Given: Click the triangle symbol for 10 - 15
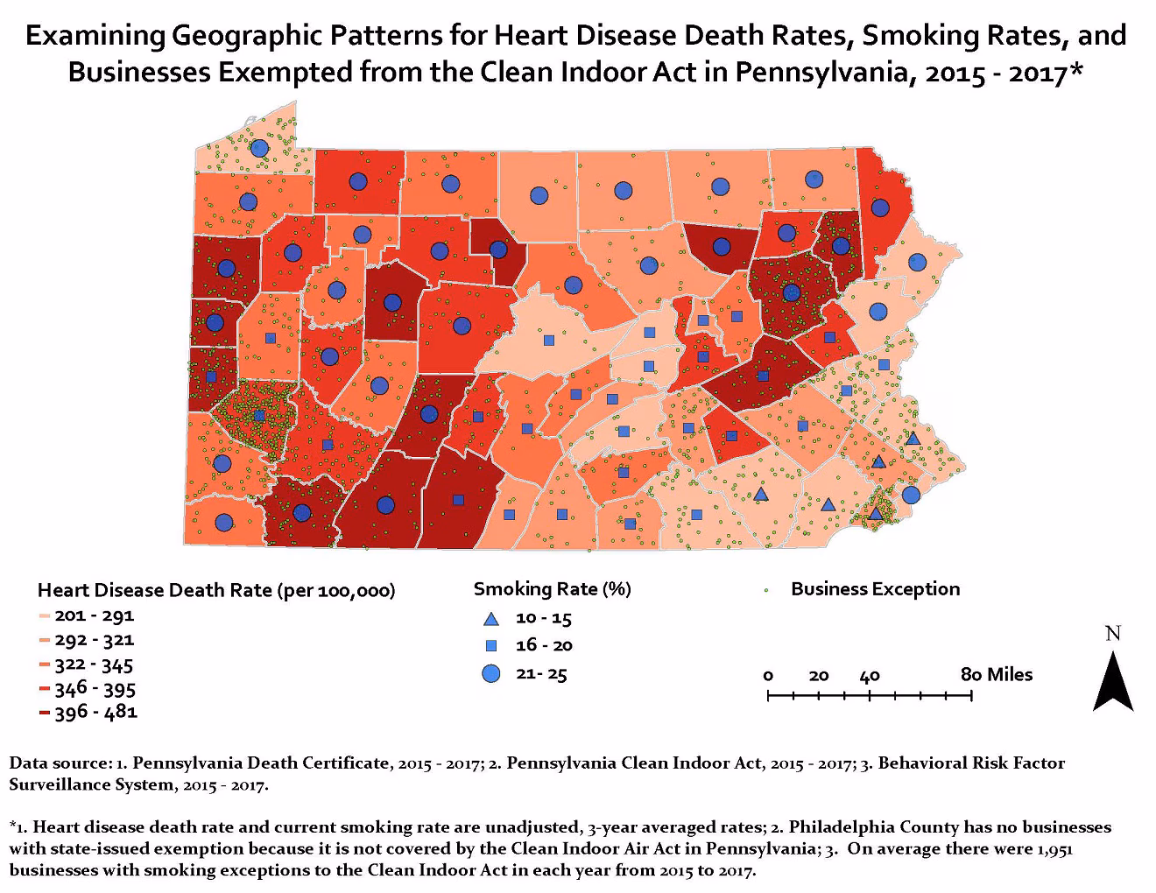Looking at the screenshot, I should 491,619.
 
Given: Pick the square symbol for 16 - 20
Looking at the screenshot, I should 491,646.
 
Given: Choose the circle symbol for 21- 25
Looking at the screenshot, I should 491,674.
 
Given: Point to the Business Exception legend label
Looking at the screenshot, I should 875,589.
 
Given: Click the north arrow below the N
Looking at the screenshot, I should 1113,684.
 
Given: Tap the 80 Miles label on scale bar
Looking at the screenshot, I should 997,675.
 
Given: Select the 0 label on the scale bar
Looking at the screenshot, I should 769,676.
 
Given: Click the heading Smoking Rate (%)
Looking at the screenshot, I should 552,589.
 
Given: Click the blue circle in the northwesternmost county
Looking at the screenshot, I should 259,148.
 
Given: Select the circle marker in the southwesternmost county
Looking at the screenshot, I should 224,522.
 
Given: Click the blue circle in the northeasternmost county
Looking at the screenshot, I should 880,207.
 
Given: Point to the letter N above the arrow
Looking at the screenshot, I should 1113,633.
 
